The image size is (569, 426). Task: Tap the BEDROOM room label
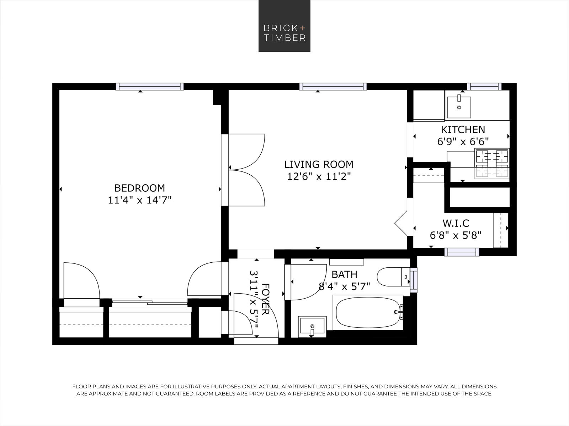click(139, 188)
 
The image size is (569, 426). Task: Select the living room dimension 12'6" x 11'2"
click(319, 176)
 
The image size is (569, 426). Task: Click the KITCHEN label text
click(463, 130)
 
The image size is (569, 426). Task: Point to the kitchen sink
click(459, 106)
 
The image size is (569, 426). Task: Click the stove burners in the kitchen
click(492, 163)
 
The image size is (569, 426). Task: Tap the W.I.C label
click(456, 223)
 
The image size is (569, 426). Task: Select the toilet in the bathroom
click(393, 277)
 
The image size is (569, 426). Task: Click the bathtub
click(368, 312)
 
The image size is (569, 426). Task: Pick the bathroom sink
click(312, 326)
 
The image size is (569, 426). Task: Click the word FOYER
click(265, 299)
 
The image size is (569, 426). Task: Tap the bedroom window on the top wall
click(150, 86)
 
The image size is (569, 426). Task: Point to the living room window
click(333, 86)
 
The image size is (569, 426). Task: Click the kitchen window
click(484, 86)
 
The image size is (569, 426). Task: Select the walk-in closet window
click(462, 252)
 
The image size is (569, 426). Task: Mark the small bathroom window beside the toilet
click(413, 280)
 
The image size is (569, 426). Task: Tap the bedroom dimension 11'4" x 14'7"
click(140, 200)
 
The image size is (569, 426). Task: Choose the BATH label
click(344, 274)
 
